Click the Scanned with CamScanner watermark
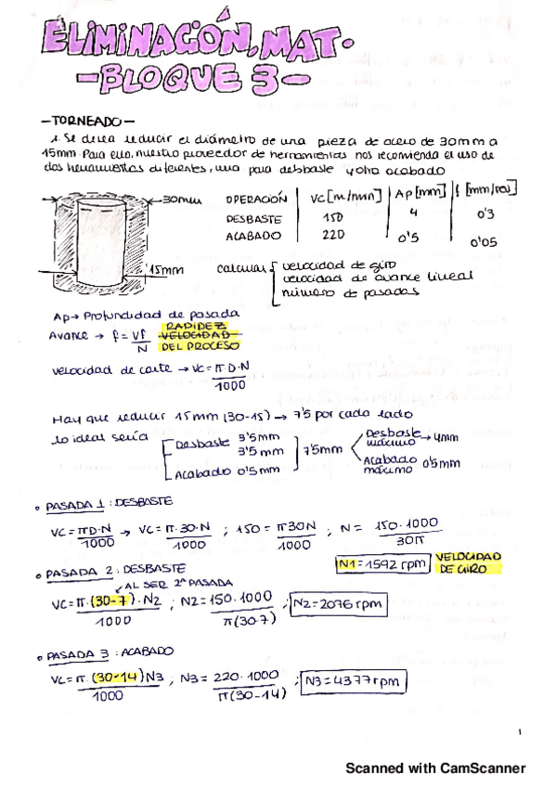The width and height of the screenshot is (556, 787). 436,768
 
